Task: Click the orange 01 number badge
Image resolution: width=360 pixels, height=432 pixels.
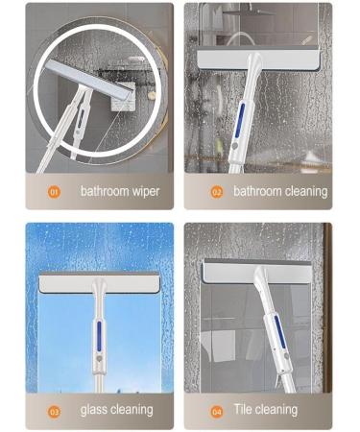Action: click(x=55, y=191)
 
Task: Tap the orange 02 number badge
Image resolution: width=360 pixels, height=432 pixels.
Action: click(x=216, y=191)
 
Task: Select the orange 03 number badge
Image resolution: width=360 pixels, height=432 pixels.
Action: click(x=55, y=410)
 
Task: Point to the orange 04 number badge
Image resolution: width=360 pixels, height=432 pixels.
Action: click(x=216, y=410)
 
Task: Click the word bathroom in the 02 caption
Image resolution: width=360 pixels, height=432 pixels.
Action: click(x=258, y=191)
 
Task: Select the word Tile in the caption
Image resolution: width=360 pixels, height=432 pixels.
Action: click(x=245, y=410)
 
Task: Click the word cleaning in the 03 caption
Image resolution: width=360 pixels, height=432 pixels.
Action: click(x=132, y=410)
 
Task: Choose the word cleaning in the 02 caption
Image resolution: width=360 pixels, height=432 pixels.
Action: click(x=305, y=191)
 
